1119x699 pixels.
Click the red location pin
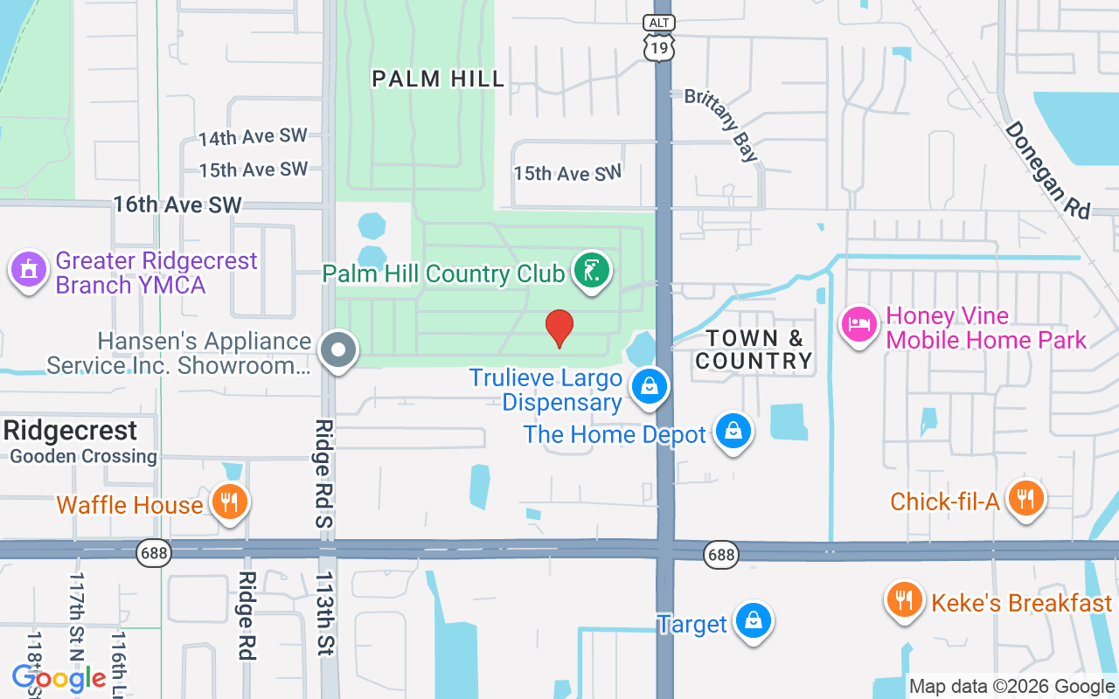pyautogui.click(x=559, y=328)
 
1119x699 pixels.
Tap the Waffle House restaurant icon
pyautogui.click(x=229, y=502)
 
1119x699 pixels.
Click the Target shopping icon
pyautogui.click(x=752, y=621)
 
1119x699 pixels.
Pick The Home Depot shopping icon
pyautogui.click(x=733, y=431)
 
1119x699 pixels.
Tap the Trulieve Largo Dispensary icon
pyautogui.click(x=650, y=385)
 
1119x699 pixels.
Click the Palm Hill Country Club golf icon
pyautogui.click(x=592, y=270)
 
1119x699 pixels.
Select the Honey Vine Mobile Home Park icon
pyautogui.click(x=859, y=324)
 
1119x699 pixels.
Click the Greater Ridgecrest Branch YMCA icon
pyautogui.click(x=29, y=270)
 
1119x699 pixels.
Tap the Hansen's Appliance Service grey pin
pyautogui.click(x=338, y=350)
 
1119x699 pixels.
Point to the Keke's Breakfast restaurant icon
pyautogui.click(x=904, y=601)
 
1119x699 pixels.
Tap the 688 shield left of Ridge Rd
pyautogui.click(x=154, y=553)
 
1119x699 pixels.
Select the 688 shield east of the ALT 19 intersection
pyautogui.click(x=721, y=554)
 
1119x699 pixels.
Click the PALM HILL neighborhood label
pyautogui.click(x=438, y=79)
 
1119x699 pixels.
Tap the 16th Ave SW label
pyautogui.click(x=177, y=204)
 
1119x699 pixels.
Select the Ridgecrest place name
pyautogui.click(x=70, y=430)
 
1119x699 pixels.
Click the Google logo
pyautogui.click(x=59, y=678)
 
